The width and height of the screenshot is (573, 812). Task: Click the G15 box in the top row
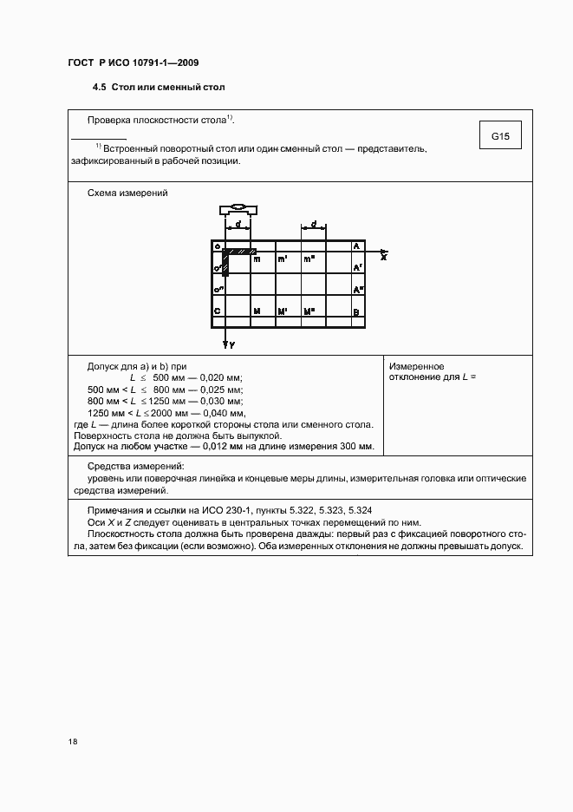[x=500, y=137]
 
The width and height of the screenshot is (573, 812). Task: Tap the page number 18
[x=72, y=742]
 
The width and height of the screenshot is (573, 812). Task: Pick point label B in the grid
[x=356, y=311]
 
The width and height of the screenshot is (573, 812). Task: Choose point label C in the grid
[x=217, y=311]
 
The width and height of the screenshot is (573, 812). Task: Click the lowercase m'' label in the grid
[x=309, y=259]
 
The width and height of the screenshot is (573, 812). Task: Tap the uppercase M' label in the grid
[x=283, y=311]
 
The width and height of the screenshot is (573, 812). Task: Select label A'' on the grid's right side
[x=357, y=290]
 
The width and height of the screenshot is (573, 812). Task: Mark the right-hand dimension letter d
[x=313, y=223]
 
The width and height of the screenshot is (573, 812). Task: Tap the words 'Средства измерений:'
[x=130, y=468]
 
